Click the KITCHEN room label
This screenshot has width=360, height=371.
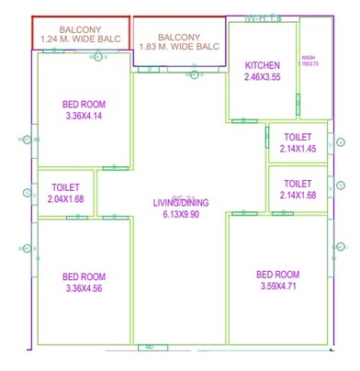point(261,65)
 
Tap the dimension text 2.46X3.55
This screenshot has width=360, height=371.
point(261,77)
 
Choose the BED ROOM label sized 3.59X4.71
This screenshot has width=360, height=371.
point(278,275)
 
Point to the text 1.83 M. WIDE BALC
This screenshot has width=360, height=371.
point(179,45)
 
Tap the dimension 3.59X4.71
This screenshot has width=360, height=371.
point(278,287)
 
